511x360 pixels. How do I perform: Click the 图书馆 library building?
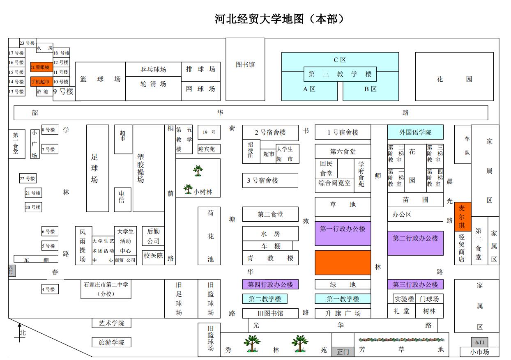point(245,69)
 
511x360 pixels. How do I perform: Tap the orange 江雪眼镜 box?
point(41,67)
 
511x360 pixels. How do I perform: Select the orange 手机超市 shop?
point(41,81)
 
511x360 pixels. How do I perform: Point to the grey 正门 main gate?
point(343,352)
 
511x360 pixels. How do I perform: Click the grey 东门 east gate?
point(479,342)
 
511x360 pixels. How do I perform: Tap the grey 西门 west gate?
point(12,271)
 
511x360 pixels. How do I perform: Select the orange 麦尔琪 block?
point(463,217)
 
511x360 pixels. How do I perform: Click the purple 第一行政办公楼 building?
point(343,233)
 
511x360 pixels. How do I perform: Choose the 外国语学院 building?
point(415,132)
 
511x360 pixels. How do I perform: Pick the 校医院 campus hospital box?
point(153,257)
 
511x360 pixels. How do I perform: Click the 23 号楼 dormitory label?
point(28,43)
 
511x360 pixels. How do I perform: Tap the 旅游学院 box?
point(111,342)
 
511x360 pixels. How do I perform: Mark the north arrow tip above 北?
point(20,323)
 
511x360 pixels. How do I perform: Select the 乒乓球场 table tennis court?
point(153,69)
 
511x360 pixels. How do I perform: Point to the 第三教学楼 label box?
point(340,74)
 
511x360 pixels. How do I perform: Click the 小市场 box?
point(479,352)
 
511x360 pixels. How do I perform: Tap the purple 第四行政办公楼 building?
point(270,284)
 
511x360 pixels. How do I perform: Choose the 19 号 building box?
point(209,132)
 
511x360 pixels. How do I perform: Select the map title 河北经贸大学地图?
point(259,19)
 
